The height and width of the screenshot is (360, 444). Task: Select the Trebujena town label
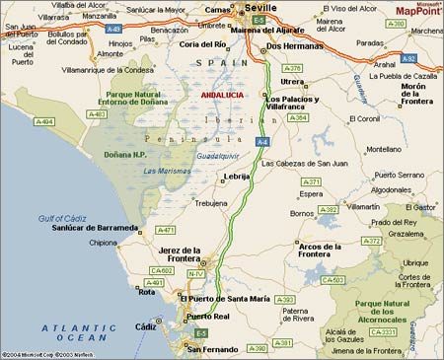tap(211, 202)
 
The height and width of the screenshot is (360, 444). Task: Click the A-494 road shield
tap(44, 121)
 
